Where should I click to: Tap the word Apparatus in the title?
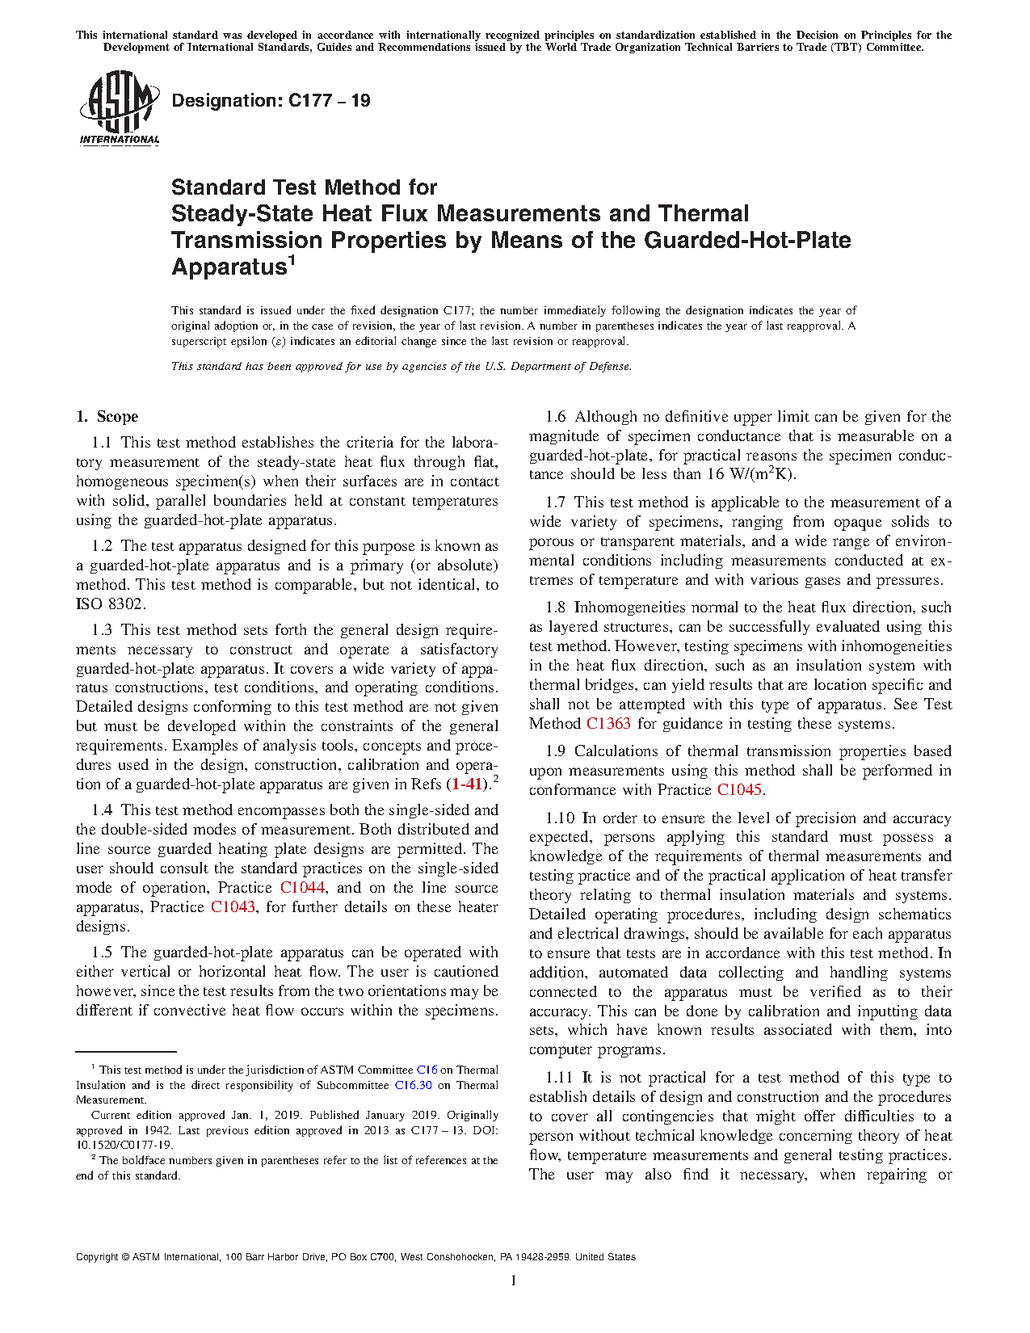point(229,267)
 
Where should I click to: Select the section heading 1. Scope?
point(107,417)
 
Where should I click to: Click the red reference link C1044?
point(302,888)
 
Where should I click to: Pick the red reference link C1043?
point(233,907)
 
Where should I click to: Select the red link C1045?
point(739,790)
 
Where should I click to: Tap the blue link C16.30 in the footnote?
point(413,1086)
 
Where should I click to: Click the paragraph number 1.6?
point(556,417)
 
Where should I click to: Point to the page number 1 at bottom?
point(514,1280)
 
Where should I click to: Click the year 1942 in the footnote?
point(157,1130)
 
